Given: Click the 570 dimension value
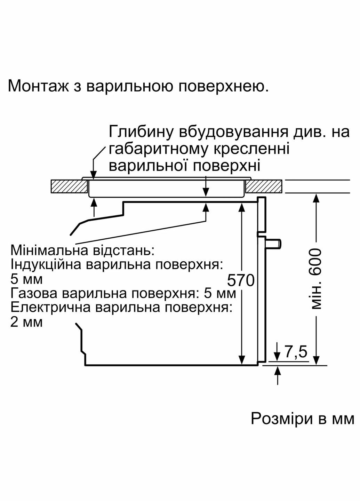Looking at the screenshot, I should tap(241, 280).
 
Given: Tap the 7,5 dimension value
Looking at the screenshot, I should tap(296, 352).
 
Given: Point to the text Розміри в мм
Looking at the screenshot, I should tap(302, 419).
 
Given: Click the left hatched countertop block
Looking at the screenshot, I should tap(69, 186).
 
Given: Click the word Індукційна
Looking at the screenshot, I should tap(45, 265).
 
